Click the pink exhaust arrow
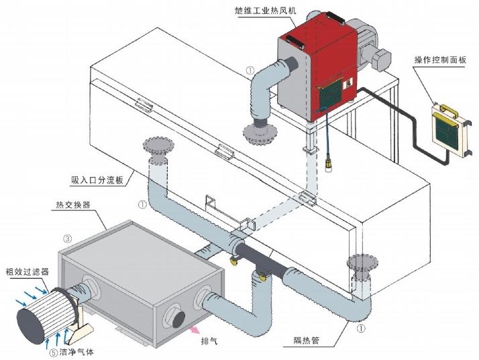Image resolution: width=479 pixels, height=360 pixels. point(194,330)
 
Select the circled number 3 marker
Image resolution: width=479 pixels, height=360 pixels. point(67,238)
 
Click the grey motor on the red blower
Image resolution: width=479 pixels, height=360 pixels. point(373,50)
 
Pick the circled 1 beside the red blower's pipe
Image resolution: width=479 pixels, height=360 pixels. point(250,70)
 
